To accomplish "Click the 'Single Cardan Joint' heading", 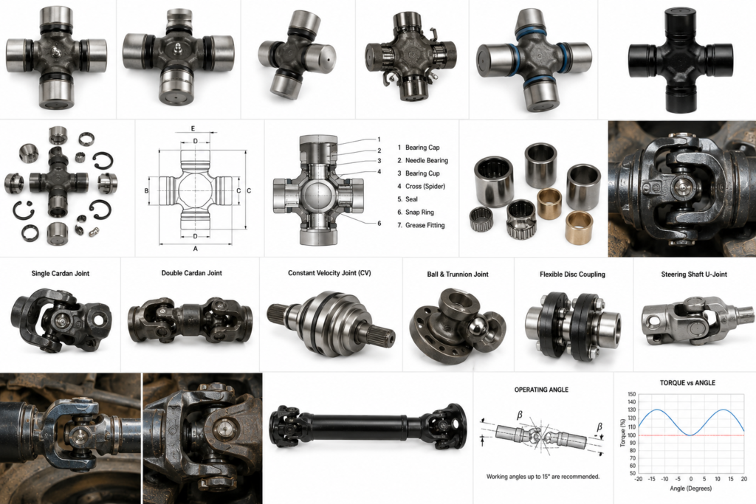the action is tap(61, 273).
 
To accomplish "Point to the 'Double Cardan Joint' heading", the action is tap(191, 273).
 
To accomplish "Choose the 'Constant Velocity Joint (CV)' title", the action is tap(329, 273).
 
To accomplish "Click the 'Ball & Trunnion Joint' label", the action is tap(458, 275).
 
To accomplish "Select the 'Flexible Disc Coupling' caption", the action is tap(572, 275).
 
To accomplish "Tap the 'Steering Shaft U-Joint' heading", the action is tap(694, 275).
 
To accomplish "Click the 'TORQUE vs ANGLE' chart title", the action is tap(687, 383).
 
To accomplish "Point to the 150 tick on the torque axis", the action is tap(632, 394).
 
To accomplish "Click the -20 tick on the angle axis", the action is tap(639, 479).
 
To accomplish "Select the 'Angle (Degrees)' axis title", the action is tap(690, 488).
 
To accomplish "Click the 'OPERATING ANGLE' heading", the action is tap(541, 390).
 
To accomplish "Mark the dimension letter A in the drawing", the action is tap(195, 249).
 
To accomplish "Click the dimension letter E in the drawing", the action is tap(193, 128).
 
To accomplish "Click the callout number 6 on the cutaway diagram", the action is tap(379, 224).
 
